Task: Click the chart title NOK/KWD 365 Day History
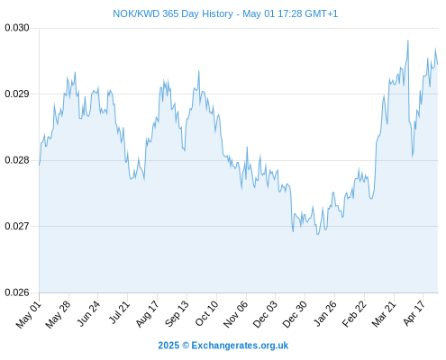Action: coord(173,13)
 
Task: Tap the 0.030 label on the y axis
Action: coord(17,28)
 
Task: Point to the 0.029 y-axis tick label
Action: coord(17,94)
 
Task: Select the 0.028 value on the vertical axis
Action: coord(17,160)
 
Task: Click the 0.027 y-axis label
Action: coord(17,226)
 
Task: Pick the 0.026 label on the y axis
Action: coord(17,292)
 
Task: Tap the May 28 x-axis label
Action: coord(58,314)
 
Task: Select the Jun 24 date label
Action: coord(88,313)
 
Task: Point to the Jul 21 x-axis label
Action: coord(119,312)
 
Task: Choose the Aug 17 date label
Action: coord(147,314)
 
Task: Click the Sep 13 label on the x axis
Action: coord(177,314)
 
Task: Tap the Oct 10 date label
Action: coord(206,314)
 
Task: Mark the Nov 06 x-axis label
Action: coord(236,314)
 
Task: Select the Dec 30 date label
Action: coord(295,314)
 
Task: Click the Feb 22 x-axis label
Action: coord(354,314)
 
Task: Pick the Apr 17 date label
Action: coord(414,313)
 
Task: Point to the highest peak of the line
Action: coord(408,40)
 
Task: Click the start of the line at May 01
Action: coord(39,165)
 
